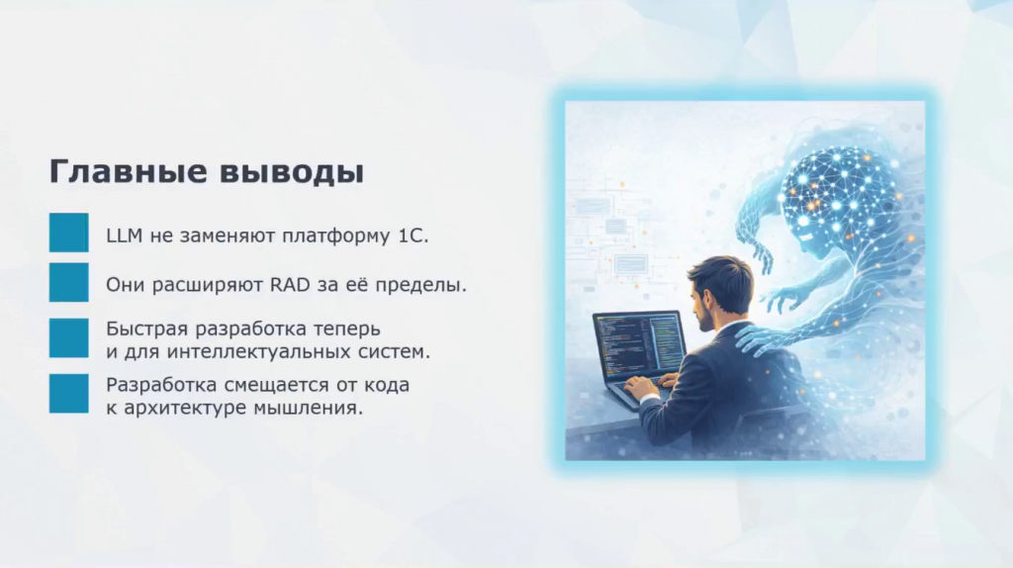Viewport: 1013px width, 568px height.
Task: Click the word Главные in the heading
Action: pos(129,171)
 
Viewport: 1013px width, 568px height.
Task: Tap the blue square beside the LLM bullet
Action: pos(68,233)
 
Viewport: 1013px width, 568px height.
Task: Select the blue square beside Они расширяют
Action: pos(68,282)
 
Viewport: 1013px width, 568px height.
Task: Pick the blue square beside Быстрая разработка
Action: pos(68,338)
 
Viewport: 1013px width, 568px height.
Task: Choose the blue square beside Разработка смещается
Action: pos(68,394)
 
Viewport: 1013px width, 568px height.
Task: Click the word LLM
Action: pos(124,236)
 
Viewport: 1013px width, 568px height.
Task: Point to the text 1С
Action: pos(413,236)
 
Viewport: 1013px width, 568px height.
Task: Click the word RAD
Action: pos(290,284)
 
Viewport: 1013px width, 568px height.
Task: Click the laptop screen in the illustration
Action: pos(638,344)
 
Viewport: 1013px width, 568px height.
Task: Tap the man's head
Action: pos(718,291)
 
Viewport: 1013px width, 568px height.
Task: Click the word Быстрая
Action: pos(146,329)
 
